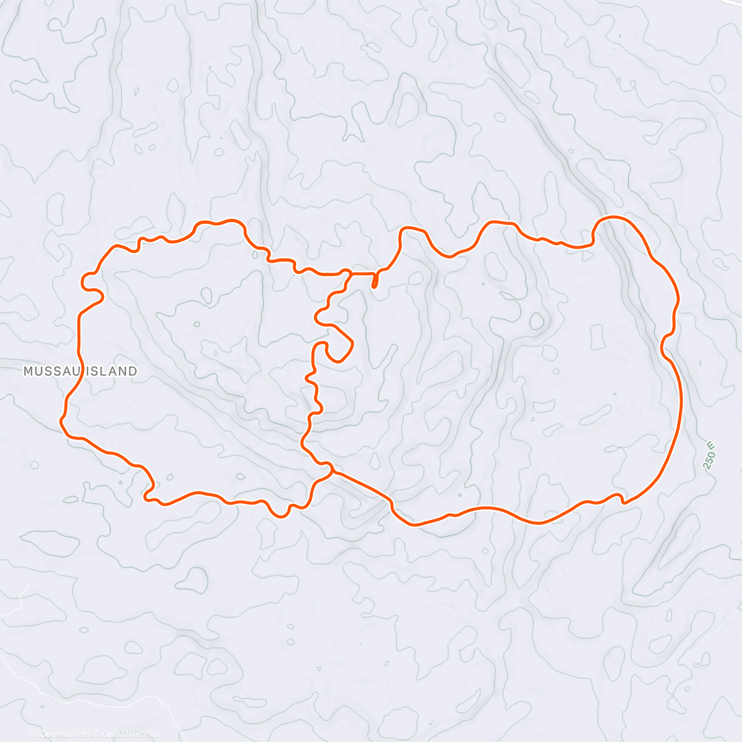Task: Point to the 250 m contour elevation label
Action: coord(709,456)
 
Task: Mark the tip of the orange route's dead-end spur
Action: coord(375,286)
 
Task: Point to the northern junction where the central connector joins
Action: coord(350,273)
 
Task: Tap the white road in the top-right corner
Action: coord(732,3)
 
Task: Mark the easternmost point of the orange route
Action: coord(681,396)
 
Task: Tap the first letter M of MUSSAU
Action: coord(27,371)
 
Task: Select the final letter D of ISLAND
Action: coord(133,371)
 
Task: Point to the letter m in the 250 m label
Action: coord(711,445)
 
